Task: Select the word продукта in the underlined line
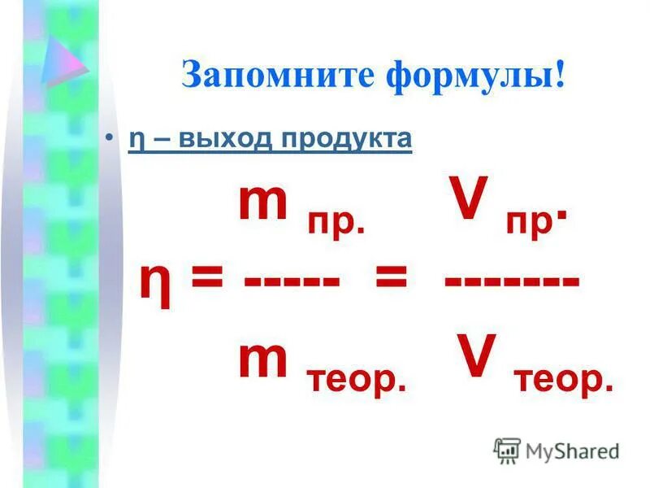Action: [347, 139]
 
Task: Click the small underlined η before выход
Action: [134, 140]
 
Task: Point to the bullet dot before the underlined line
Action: [111, 139]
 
